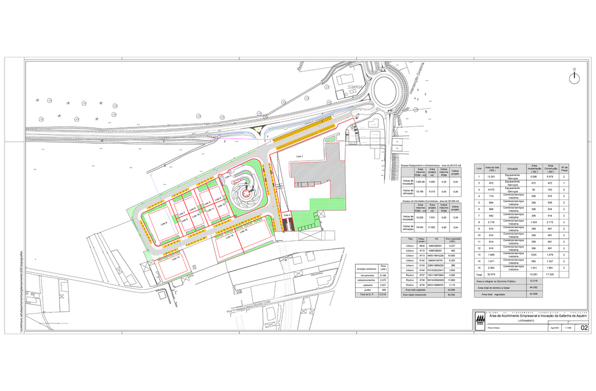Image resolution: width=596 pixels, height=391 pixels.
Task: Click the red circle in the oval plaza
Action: pyautogui.click(x=246, y=193)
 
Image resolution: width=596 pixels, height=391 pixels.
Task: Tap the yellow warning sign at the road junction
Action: pyautogui.click(x=257, y=128)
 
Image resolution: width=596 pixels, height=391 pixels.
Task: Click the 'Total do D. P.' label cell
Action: pyautogui.click(x=366, y=295)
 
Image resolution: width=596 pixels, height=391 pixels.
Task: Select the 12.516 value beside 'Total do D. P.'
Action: pyautogui.click(x=382, y=295)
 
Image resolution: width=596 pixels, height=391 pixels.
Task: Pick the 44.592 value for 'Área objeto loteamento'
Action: pyautogui.click(x=451, y=295)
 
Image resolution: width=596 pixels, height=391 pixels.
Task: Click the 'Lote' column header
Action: pyautogui.click(x=479, y=169)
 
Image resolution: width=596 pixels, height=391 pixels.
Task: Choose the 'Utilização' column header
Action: pyautogui.click(x=512, y=169)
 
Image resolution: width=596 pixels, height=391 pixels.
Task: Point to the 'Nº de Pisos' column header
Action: pyautogui.click(x=564, y=169)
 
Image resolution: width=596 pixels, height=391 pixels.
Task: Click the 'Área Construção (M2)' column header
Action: pyautogui.click(x=551, y=169)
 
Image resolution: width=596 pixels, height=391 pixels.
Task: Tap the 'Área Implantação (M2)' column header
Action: pyautogui.click(x=534, y=169)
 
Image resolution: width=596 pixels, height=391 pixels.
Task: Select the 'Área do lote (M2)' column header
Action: pyautogui.click(x=492, y=169)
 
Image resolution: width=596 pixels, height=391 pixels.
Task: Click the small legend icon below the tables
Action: pyautogui.click(x=480, y=321)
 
